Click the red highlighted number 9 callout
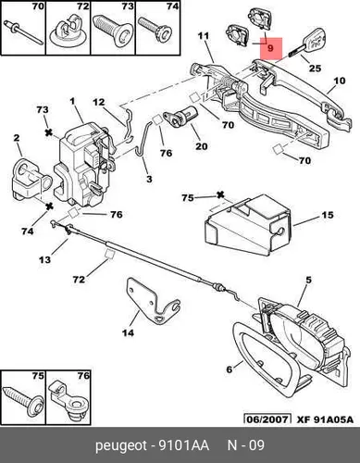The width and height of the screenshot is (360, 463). point(271,48)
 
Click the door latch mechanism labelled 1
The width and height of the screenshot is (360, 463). point(84,164)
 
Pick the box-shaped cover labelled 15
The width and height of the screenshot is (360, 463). point(248,225)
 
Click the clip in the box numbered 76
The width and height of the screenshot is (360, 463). point(68,400)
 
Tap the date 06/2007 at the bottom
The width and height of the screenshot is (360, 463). point(267,419)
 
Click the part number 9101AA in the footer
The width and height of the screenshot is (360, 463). point(183,445)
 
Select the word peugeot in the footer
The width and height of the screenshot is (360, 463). point(121,446)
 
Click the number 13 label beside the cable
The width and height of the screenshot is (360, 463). point(44,259)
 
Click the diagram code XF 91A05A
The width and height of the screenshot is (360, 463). point(325,419)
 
